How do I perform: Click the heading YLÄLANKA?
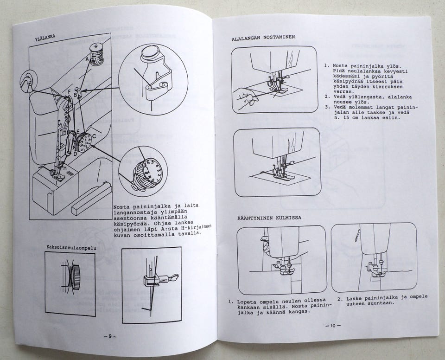tap(45, 38)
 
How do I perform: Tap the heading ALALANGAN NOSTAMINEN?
tap(263, 37)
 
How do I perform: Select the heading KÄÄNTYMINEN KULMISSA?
tap(269, 218)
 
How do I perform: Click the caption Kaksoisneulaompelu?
tap(71, 248)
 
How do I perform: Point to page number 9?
tap(110, 336)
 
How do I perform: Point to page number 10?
tap(333, 326)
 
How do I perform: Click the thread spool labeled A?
tap(96, 54)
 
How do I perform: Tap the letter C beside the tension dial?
tap(94, 137)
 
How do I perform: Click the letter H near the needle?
tap(65, 168)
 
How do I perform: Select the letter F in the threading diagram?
tap(69, 92)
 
